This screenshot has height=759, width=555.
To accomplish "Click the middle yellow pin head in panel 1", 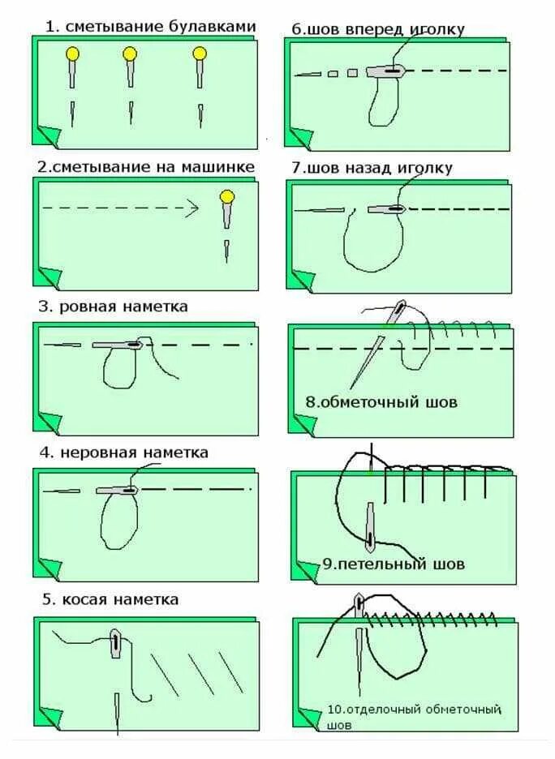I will point(130,54).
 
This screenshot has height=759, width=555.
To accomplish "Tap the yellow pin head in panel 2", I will point(227,196).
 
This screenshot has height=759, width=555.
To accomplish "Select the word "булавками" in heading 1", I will point(212,27).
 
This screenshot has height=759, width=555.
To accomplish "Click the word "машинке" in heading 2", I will point(218,167).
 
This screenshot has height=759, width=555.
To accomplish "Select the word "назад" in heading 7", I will point(372,168).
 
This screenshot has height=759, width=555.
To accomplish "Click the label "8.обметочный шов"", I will point(381,402).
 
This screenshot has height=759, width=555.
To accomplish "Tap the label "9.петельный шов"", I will point(394,564).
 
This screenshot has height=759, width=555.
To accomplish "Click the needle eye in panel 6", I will point(394,72).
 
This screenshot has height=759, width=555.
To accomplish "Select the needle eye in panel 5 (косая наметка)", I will point(116,643).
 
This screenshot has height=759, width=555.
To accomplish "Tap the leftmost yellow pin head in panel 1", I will point(73,54).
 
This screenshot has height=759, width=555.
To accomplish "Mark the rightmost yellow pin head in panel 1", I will point(200,54).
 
